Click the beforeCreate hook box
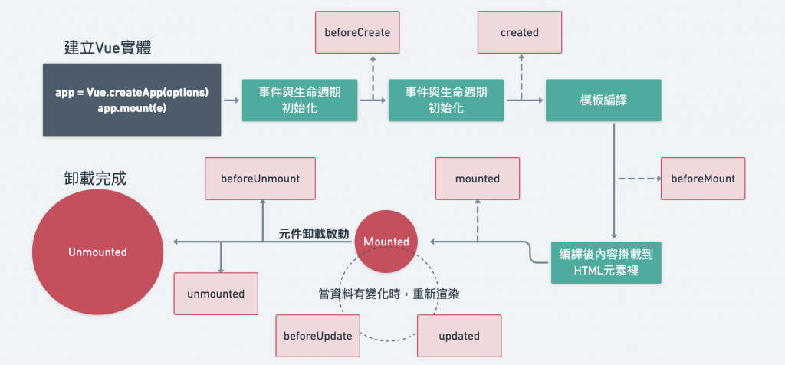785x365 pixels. tap(357, 32)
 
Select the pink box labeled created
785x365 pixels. tap(520, 32)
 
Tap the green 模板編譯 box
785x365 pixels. tap(603, 100)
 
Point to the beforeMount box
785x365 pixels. tap(703, 179)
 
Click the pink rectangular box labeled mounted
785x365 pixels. tap(478, 179)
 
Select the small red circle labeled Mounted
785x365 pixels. tap(386, 242)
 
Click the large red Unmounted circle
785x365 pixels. tap(97, 252)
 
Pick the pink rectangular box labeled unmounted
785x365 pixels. tap(215, 294)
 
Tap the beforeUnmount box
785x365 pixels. tap(261, 179)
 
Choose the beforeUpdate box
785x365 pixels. tap(318, 335)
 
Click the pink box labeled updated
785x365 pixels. tap(459, 335)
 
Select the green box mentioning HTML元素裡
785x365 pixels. tap(606, 263)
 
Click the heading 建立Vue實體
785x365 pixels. tap(108, 48)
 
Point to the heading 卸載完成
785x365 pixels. tap(96, 178)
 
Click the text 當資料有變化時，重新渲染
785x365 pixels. tap(389, 294)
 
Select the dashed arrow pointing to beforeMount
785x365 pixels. tap(640, 178)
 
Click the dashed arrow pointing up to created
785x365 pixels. tap(521, 77)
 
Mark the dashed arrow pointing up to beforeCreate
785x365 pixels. tap(373, 77)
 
